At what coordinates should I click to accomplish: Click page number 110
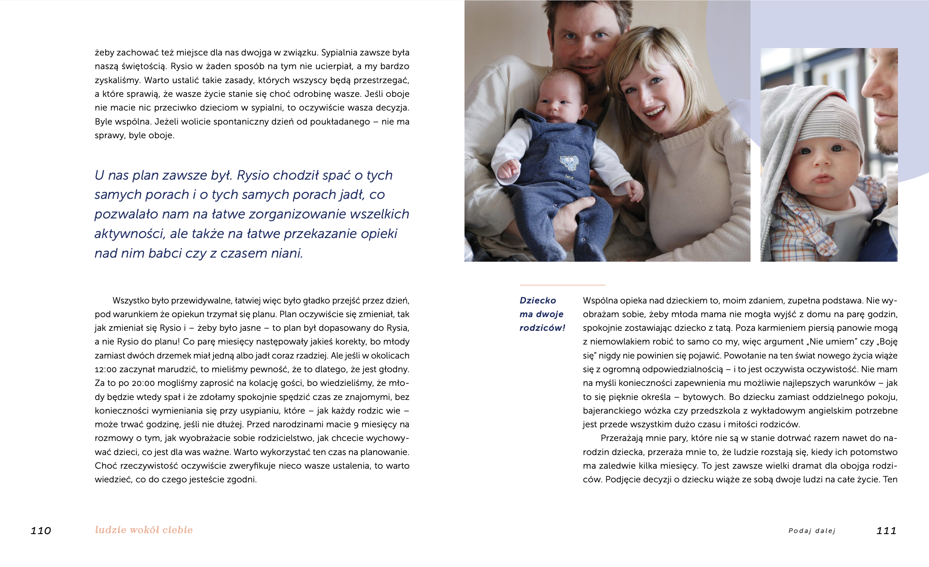pyautogui.click(x=41, y=531)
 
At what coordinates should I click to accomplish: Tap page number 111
pyautogui.click(x=886, y=531)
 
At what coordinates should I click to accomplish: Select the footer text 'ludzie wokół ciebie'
pyautogui.click(x=144, y=530)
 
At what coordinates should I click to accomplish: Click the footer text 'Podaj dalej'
pyautogui.click(x=812, y=531)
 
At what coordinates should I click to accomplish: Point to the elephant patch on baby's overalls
pyautogui.click(x=568, y=163)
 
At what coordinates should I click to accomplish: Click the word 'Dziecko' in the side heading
pyautogui.click(x=538, y=300)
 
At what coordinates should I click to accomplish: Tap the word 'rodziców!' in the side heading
pyautogui.click(x=542, y=328)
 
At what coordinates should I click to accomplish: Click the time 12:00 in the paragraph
pyautogui.click(x=106, y=369)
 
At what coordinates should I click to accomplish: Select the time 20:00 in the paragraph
pyautogui.click(x=143, y=383)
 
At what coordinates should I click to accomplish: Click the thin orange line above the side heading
pyautogui.click(x=562, y=285)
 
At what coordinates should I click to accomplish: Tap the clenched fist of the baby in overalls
pyautogui.click(x=507, y=169)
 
